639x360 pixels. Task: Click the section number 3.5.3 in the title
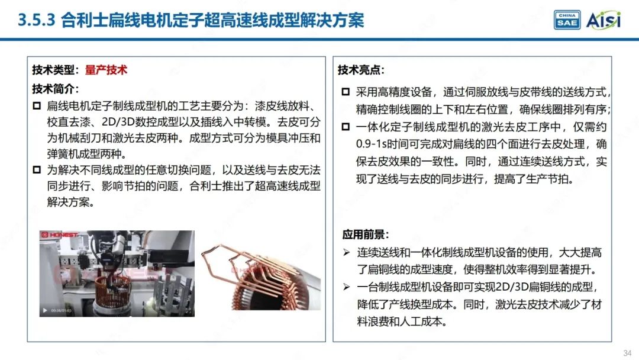coord(37,21)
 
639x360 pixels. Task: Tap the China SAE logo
coord(567,20)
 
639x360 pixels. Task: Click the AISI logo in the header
coord(603,20)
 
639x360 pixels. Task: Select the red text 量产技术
coord(106,70)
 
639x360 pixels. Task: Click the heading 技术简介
coord(55,89)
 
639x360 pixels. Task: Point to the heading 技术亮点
coord(361,70)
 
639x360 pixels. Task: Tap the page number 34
coord(627,353)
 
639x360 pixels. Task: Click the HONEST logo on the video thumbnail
coord(60,235)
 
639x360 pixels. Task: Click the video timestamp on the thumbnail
coord(61,310)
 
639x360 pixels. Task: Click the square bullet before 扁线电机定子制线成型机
coord(37,107)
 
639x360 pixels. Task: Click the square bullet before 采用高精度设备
coord(346,93)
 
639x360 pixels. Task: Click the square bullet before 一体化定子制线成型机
coord(346,127)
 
